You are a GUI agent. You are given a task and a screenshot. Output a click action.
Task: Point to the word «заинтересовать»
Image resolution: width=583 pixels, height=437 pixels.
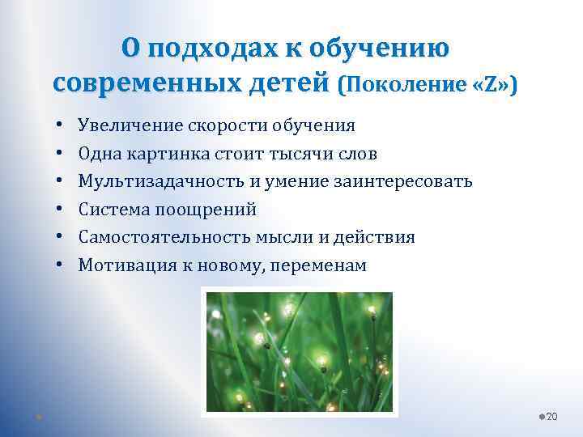pyautogui.click(x=403, y=181)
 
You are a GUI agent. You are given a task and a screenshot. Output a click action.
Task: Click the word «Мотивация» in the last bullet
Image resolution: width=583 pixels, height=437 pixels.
pyautogui.click(x=121, y=265)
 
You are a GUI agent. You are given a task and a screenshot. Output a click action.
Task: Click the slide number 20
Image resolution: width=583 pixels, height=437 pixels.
pyautogui.click(x=552, y=416)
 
